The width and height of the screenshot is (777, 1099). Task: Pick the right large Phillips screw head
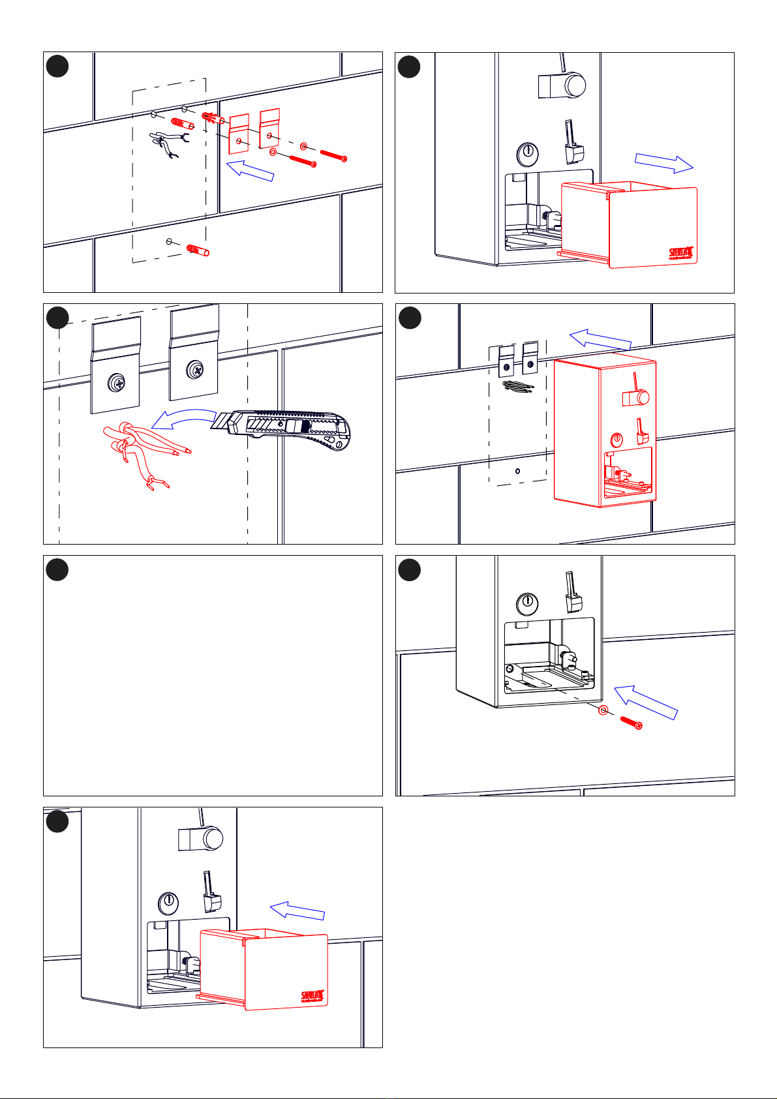point(194,370)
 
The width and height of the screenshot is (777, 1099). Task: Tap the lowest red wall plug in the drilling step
point(197,251)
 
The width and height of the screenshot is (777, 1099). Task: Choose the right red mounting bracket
point(269,128)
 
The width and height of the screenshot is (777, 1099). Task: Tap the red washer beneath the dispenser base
point(603,710)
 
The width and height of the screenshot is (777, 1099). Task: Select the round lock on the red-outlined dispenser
point(617,440)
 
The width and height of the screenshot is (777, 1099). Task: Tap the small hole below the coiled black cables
point(517,470)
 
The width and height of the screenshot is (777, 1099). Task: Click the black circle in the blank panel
point(57,569)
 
